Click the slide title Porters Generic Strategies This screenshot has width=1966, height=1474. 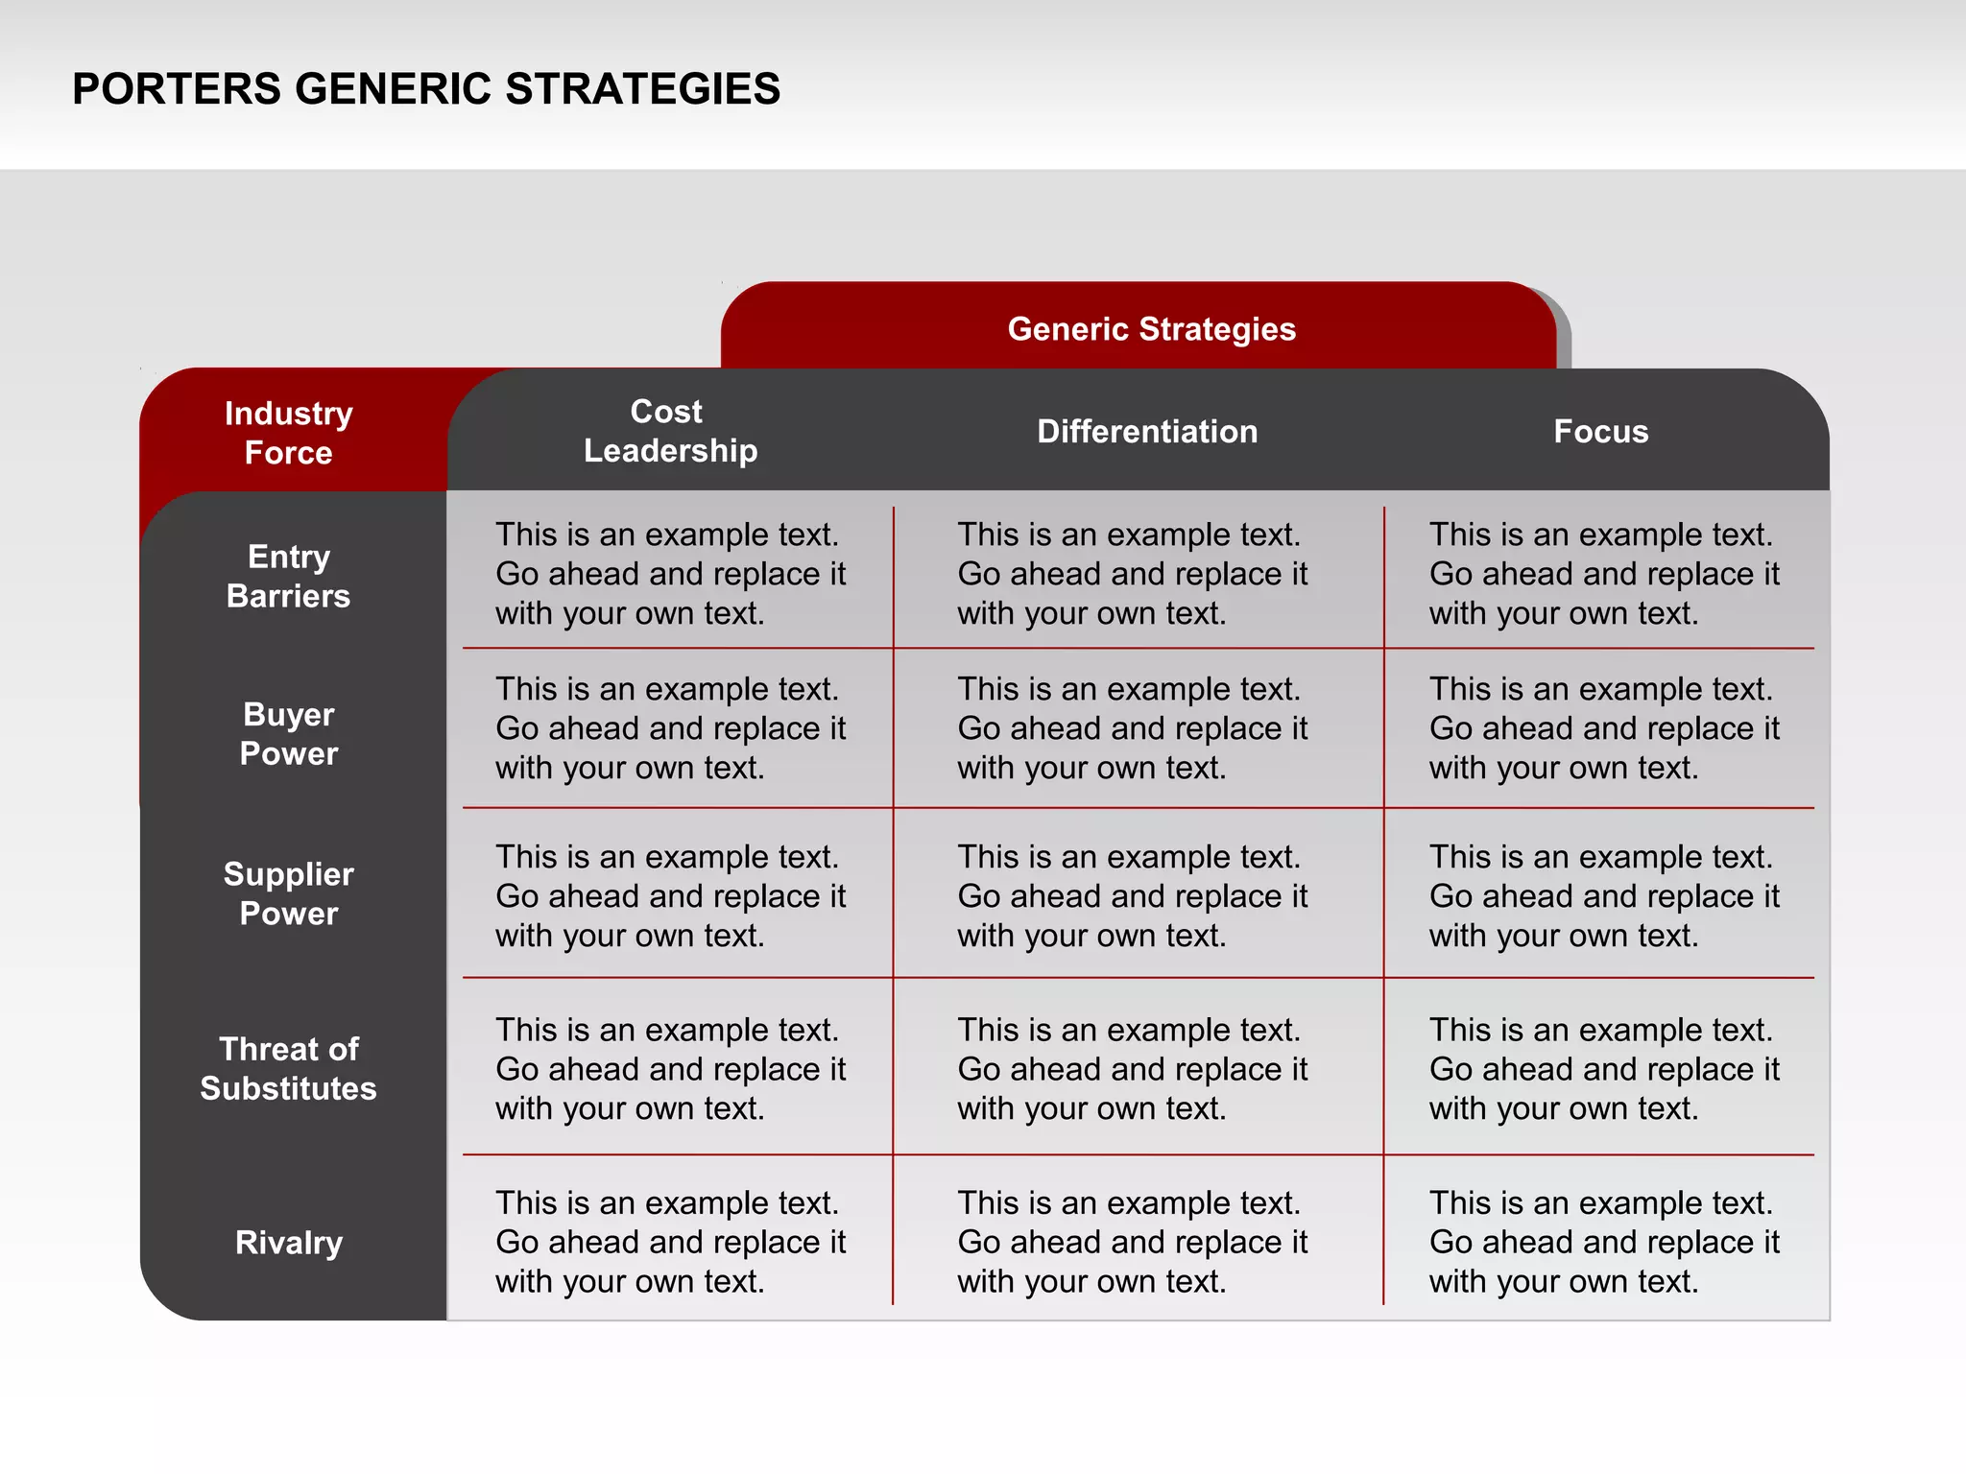pyautogui.click(x=425, y=89)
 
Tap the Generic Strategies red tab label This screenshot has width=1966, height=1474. pyautogui.click(x=1151, y=329)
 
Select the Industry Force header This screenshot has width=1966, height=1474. pyautogui.click(x=288, y=433)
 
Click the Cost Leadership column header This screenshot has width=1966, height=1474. pyautogui.click(x=669, y=431)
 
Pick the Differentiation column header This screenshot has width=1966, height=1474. pyautogui.click(x=1146, y=432)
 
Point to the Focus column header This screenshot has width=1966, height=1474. pyautogui.click(x=1600, y=432)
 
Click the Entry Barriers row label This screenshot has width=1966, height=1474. pyautogui.click(x=288, y=576)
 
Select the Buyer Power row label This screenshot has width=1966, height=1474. pyautogui.click(x=288, y=734)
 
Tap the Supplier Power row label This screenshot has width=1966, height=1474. pyautogui.click(x=288, y=893)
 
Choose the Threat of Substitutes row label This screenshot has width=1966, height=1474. pyautogui.click(x=288, y=1068)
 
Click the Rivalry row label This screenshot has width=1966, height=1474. pyautogui.click(x=288, y=1243)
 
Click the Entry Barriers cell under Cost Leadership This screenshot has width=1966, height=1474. pyautogui.click(x=670, y=574)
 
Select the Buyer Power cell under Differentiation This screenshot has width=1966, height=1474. pyautogui.click(x=1132, y=728)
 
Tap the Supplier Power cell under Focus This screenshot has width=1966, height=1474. pyautogui.click(x=1603, y=896)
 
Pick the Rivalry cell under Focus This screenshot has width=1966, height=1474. pyautogui.click(x=1603, y=1242)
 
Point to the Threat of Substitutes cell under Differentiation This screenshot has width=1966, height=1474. pyautogui.click(x=1132, y=1069)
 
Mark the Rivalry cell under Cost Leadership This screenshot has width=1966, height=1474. pyautogui.click(x=670, y=1242)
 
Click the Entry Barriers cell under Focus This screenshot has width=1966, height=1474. pyautogui.click(x=1603, y=574)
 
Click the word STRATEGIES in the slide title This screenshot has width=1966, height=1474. pyautogui.click(x=642, y=89)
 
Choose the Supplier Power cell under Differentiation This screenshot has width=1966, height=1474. pyautogui.click(x=1132, y=896)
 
